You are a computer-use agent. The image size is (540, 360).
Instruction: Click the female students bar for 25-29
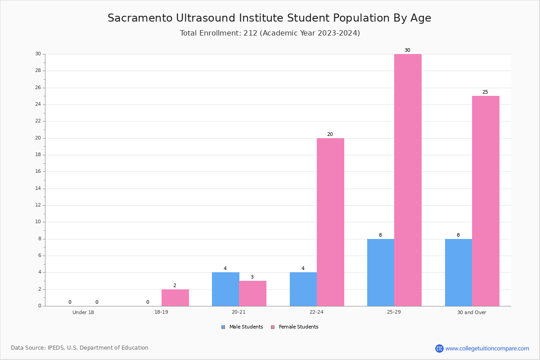click(408, 180)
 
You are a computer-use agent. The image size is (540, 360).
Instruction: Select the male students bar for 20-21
click(225, 289)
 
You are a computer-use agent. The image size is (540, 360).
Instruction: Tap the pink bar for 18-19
click(175, 297)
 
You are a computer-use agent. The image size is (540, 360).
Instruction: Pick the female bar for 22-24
click(330, 222)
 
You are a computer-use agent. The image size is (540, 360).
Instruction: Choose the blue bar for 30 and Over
click(459, 272)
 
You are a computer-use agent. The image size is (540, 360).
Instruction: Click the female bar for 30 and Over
click(486, 201)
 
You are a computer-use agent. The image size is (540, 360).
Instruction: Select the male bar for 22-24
click(303, 289)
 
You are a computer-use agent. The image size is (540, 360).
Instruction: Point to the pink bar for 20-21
click(252, 293)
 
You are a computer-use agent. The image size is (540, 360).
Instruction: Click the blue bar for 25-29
click(381, 272)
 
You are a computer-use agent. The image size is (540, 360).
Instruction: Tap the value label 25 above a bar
click(485, 92)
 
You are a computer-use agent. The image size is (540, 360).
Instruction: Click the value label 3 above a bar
click(252, 277)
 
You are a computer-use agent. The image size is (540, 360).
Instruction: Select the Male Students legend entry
click(242, 327)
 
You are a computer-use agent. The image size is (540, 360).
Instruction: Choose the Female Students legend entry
click(295, 327)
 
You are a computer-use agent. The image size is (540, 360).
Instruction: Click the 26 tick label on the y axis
click(38, 88)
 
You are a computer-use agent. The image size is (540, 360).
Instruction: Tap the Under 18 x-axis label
click(83, 312)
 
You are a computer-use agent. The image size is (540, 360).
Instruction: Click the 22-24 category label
click(316, 312)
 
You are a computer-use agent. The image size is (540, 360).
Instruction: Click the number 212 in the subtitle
click(250, 33)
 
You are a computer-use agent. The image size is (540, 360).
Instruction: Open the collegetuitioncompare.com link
click(487, 348)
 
